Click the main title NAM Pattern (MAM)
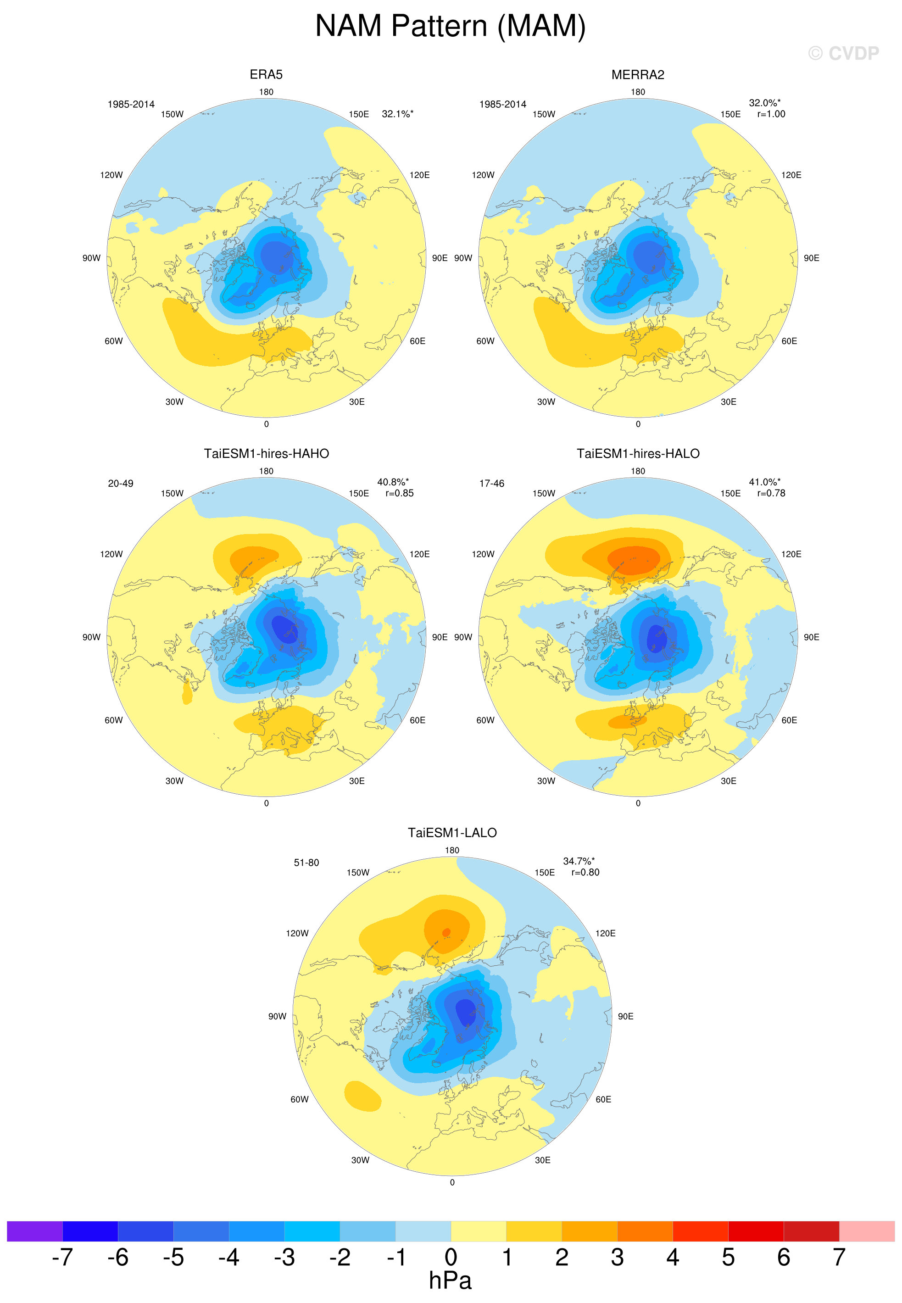451,27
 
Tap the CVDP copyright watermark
843,53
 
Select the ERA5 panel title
266,75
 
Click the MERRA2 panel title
638,75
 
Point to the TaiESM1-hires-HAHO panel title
266,454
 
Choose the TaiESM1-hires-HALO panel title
638,454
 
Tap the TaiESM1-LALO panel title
452,833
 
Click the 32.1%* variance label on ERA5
397,114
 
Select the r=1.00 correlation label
771,114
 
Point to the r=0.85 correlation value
400,493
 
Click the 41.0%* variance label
765,482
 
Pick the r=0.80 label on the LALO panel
585,873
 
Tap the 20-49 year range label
120,484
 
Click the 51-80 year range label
306,863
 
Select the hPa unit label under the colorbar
450,1280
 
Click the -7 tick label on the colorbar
62,1257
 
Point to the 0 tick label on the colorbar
451,1257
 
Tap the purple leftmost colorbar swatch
34,1231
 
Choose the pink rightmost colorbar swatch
867,1231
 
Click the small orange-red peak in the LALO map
446,932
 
